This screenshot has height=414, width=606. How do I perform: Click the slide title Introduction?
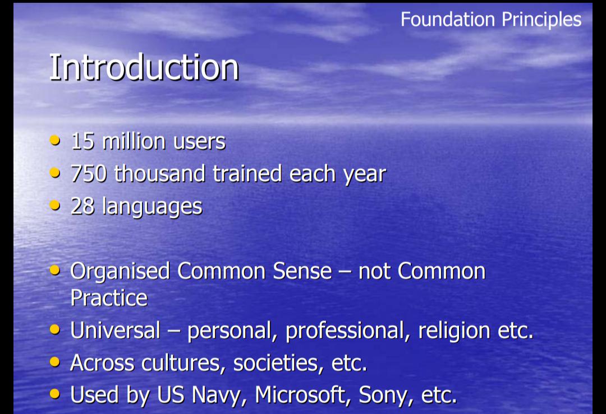(144, 67)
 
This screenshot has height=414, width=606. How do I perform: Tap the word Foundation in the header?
(448, 19)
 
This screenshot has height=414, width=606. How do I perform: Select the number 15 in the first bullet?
(82, 141)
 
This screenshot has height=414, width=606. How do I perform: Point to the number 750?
(89, 174)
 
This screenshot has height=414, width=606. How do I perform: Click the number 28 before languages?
(82, 206)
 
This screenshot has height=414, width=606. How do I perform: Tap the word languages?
(152, 207)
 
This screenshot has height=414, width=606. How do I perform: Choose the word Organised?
(120, 272)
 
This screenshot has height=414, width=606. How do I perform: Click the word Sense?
(302, 271)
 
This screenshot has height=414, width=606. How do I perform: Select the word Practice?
(109, 298)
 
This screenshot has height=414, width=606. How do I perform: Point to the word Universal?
(115, 331)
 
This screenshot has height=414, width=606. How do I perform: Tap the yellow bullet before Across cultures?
(55, 361)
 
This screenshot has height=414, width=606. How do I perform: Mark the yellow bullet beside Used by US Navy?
(55, 393)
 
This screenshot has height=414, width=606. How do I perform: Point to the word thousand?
(159, 174)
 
